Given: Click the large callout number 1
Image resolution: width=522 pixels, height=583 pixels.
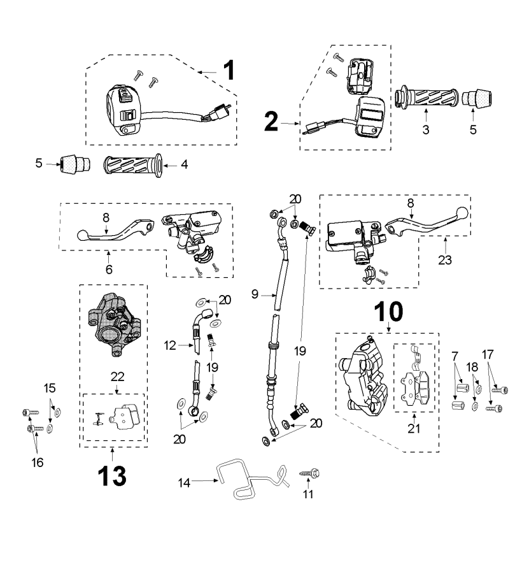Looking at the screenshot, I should pyautogui.click(x=227, y=69).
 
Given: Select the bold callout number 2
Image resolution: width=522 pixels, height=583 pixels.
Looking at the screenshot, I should pyautogui.click(x=271, y=122).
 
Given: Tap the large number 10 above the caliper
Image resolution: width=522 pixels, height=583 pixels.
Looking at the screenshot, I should pyautogui.click(x=388, y=312).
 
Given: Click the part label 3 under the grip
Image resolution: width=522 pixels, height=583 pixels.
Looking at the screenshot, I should pyautogui.click(x=426, y=129).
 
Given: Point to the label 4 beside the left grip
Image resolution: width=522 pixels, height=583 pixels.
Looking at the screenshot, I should pyautogui.click(x=184, y=164).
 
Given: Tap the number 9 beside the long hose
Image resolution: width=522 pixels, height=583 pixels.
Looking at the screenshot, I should pyautogui.click(x=255, y=296).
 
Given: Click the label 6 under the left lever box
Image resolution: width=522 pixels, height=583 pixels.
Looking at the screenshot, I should pyautogui.click(x=109, y=270).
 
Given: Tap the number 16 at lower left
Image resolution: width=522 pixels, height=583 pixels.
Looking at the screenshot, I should pyautogui.click(x=38, y=463).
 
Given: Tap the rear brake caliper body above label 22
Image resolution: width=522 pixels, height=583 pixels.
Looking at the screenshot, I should pyautogui.click(x=114, y=325).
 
